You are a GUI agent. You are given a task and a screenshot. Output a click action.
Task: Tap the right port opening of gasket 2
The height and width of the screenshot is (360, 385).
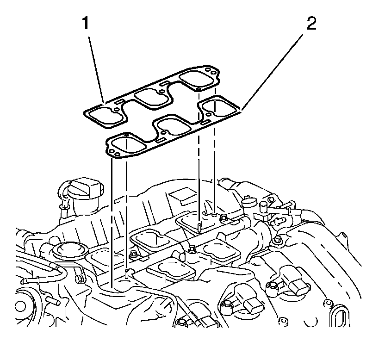pos(219,108)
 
